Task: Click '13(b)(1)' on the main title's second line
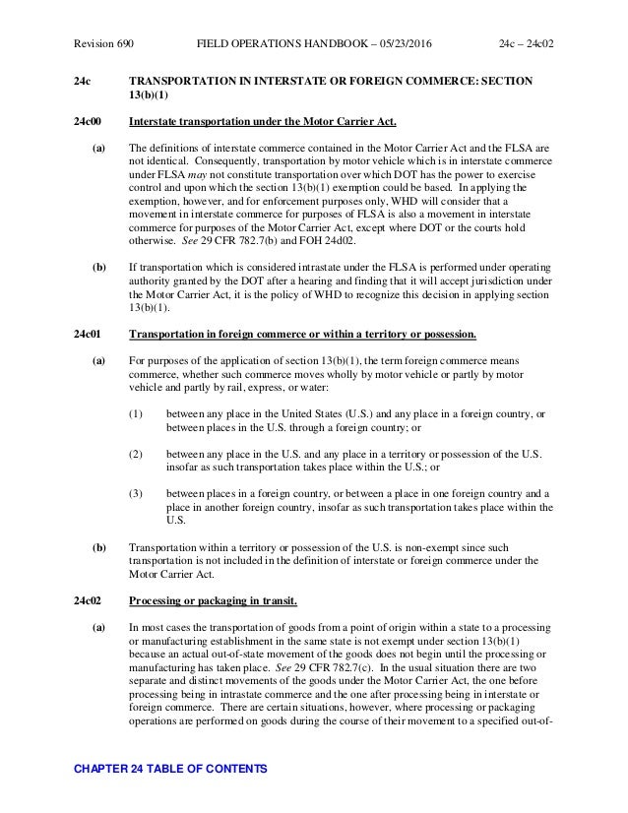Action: click(152, 96)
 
